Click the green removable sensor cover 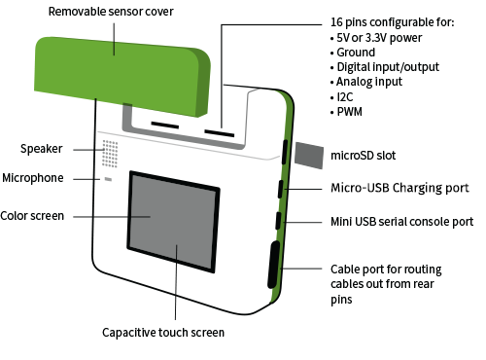(122, 76)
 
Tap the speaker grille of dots (110, 154)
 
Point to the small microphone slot (108, 179)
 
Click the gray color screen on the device (174, 222)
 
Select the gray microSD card (309, 156)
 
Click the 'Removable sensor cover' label (111, 12)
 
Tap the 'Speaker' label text (42, 149)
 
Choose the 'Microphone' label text (33, 178)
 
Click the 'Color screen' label (32, 216)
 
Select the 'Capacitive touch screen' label (163, 333)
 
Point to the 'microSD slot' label (364, 156)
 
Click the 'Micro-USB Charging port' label (399, 188)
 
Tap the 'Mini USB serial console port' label (402, 222)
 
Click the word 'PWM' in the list (350, 112)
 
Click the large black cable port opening (274, 265)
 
